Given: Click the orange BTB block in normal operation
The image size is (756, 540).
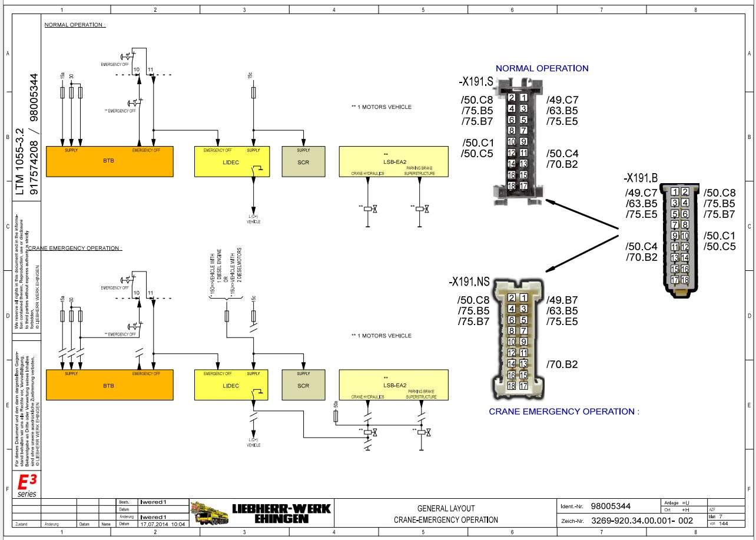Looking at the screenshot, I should [x=110, y=161].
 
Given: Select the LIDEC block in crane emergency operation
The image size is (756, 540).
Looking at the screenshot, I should [x=231, y=386].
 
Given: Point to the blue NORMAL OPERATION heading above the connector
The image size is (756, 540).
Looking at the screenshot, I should [x=542, y=68].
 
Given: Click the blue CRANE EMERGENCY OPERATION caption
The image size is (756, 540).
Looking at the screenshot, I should [x=563, y=412].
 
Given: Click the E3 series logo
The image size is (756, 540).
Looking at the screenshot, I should [x=26, y=485].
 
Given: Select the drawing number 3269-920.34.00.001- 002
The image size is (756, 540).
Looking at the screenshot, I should [x=642, y=521].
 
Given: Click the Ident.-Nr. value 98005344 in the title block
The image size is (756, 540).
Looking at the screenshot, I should [x=610, y=506].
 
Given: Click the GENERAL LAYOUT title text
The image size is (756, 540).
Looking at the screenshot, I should [x=446, y=508].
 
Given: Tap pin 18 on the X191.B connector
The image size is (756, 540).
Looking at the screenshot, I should [x=685, y=280].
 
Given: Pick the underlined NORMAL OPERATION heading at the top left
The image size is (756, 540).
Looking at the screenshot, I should [x=75, y=25].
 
